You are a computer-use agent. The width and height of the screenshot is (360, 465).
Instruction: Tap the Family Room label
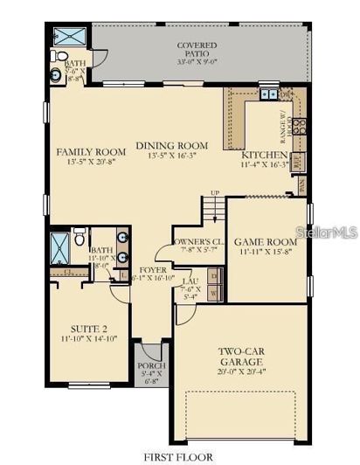91,151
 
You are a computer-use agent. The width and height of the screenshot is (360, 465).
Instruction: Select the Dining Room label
171,145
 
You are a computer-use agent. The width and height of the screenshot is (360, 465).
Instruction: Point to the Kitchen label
263,154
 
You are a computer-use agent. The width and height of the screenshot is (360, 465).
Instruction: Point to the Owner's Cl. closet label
199,240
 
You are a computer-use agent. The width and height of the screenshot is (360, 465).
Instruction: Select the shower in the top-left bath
67,37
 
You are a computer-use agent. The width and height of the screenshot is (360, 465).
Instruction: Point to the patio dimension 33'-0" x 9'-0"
197,61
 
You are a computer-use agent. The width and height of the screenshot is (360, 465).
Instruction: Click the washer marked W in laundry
214,294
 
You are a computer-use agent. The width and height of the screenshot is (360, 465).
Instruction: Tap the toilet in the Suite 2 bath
79,236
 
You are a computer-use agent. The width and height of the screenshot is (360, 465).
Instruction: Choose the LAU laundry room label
190,280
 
